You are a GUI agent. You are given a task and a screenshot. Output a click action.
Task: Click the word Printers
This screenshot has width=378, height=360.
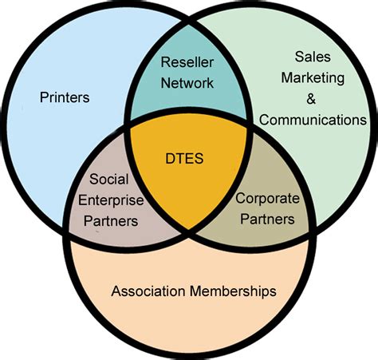click(x=64, y=98)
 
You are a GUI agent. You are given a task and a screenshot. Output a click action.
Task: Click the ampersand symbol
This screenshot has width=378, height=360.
click(x=311, y=100)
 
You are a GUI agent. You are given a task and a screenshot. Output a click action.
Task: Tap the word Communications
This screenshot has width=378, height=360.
click(x=313, y=120)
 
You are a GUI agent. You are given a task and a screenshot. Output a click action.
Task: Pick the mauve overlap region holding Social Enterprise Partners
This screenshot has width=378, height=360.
click(x=136, y=235)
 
